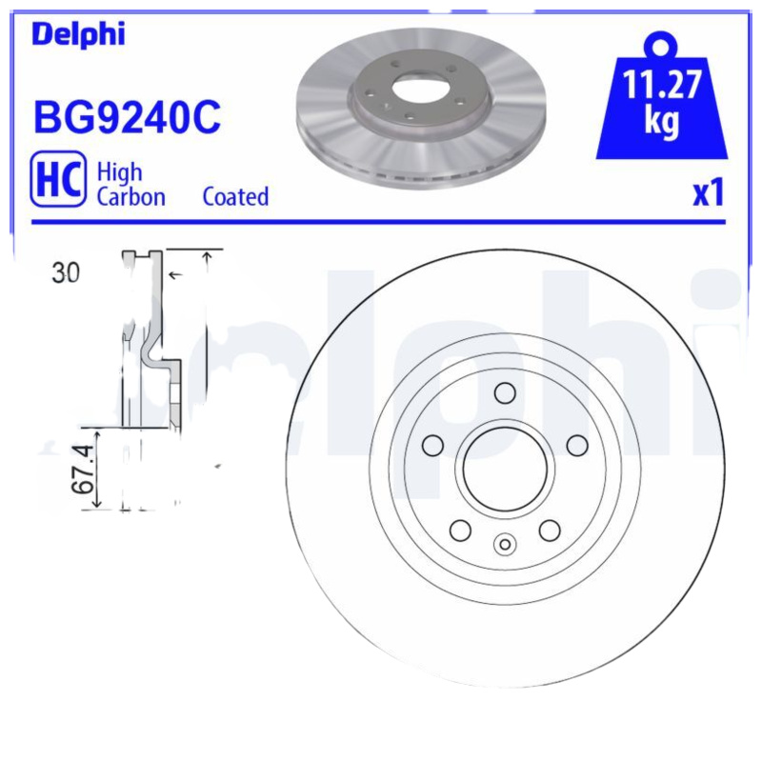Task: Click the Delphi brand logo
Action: coord(78,34)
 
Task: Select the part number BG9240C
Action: coord(128,118)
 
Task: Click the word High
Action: coord(120,171)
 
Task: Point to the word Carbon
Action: coord(130,197)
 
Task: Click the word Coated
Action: coord(235,197)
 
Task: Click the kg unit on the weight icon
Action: coord(662,122)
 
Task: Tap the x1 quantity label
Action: coord(709,194)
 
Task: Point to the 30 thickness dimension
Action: coord(66,273)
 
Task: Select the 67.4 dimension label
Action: coord(85,468)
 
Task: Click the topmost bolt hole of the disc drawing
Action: coord(505,392)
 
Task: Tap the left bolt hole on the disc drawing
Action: coord(432,445)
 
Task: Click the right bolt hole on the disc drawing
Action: coord(577,445)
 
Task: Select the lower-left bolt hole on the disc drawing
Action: coord(460,530)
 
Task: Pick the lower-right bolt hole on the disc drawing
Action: coord(550,530)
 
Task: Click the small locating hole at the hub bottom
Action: coord(505,545)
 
